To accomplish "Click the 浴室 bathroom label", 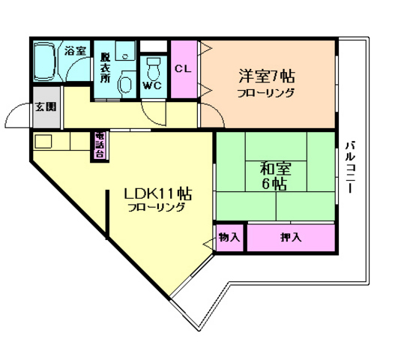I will [x=75, y=52].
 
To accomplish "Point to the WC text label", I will [x=154, y=85].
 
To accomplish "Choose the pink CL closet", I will [x=183, y=68].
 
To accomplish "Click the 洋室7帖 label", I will [x=266, y=76].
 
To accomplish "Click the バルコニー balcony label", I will [x=350, y=168].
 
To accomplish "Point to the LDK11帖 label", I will [x=158, y=193].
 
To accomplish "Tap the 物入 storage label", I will [x=229, y=237].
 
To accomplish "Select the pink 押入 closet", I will [x=290, y=238].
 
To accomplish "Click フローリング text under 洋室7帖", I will [x=266, y=93].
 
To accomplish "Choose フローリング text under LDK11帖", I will [x=156, y=208].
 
